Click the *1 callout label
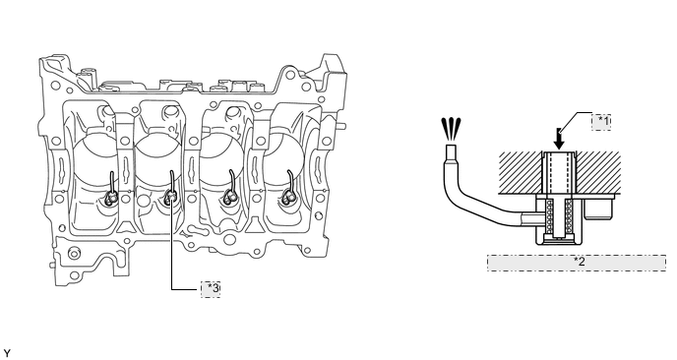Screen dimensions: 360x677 603,121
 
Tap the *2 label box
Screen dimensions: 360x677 580,261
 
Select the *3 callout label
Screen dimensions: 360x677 212,288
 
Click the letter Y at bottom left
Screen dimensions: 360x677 7,351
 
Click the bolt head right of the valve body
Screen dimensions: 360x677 597,210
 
